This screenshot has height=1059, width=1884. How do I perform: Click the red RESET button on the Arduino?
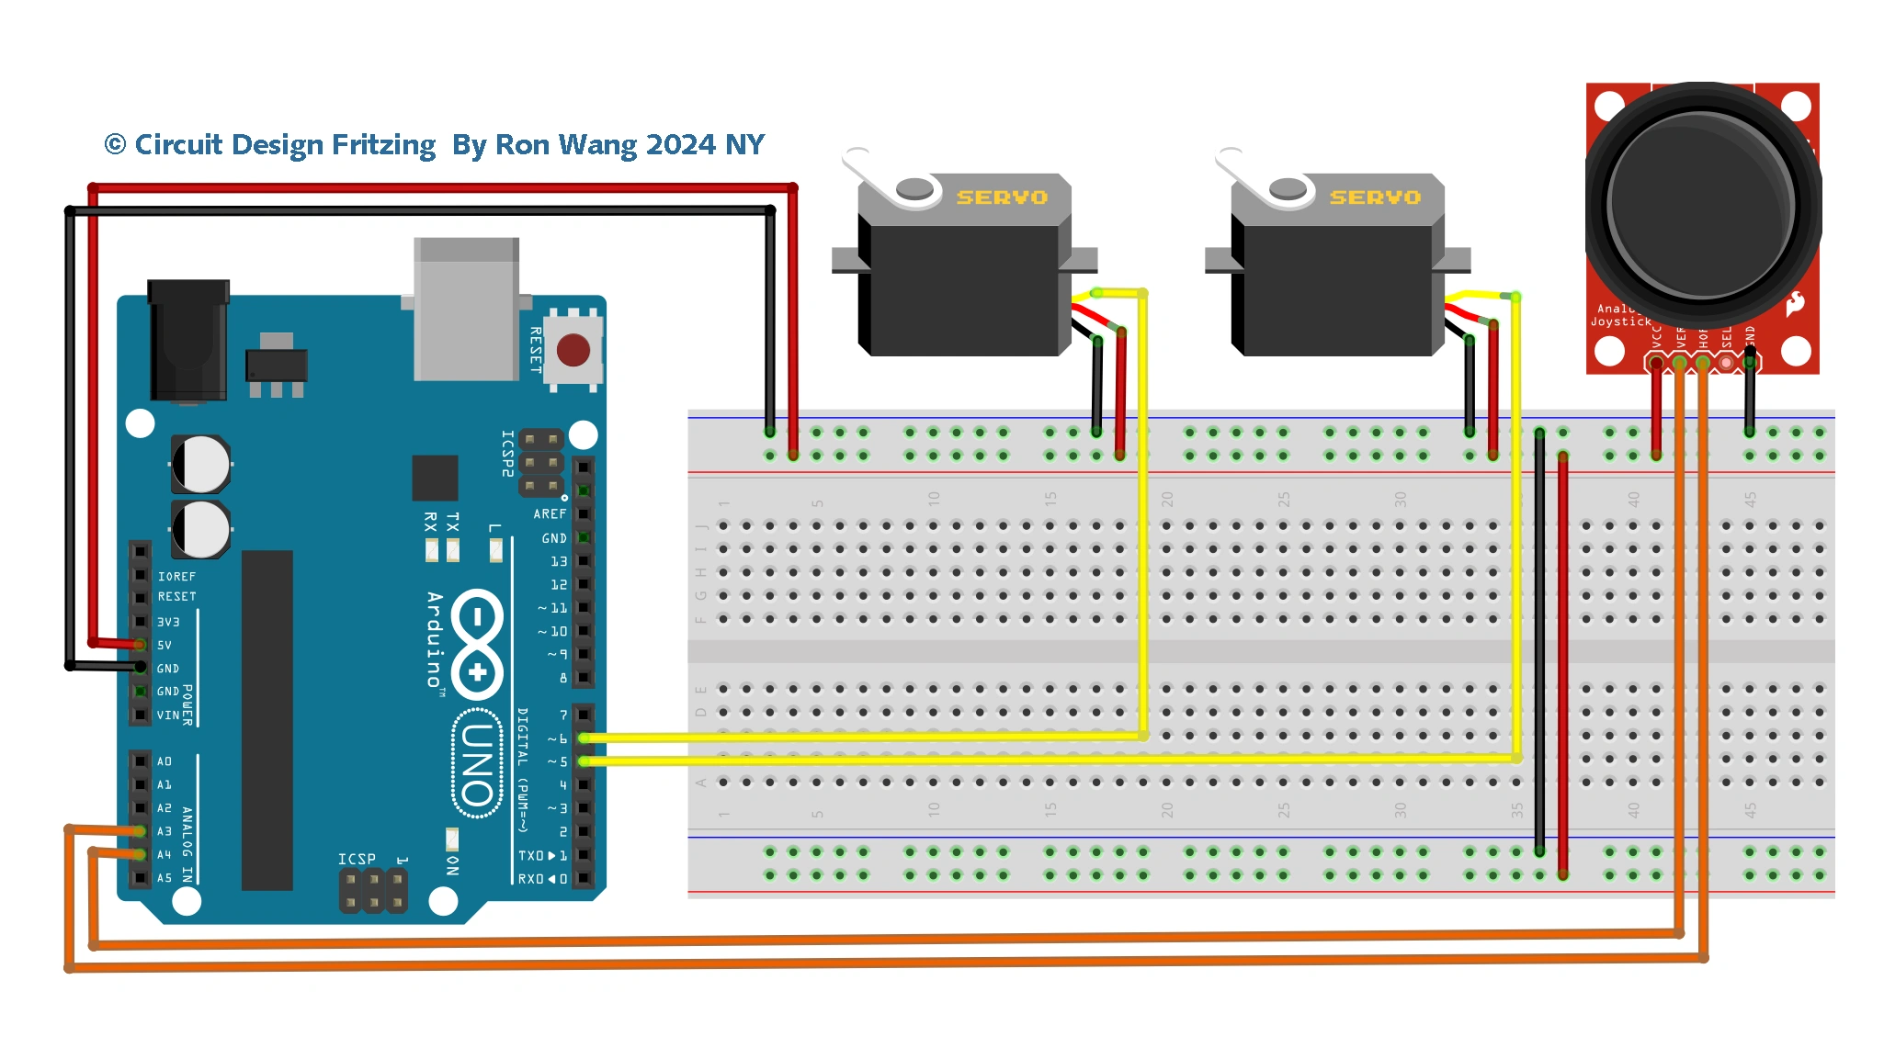(573, 350)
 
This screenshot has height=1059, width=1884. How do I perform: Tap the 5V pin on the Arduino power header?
(141, 645)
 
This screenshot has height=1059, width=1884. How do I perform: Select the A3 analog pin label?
(165, 831)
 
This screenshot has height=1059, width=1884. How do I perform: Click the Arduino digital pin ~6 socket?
(584, 738)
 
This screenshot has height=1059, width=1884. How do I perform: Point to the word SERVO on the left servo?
(1002, 197)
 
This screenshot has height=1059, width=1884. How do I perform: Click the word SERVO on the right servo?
(1375, 197)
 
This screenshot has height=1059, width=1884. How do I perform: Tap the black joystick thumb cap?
(1700, 204)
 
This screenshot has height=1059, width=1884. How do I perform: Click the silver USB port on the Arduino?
(466, 310)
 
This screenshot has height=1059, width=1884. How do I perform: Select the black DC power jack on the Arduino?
(188, 340)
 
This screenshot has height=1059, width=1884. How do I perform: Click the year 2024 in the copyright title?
(680, 145)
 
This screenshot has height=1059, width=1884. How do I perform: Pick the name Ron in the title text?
(522, 145)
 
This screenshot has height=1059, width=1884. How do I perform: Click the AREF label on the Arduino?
(550, 514)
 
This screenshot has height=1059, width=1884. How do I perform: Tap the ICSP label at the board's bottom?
(357, 859)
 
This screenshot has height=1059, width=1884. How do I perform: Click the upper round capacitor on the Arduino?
(200, 464)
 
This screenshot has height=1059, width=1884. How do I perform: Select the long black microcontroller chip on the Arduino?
(267, 720)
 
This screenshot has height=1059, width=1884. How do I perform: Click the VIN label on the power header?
(168, 715)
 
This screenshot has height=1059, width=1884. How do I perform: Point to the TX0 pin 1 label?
(542, 855)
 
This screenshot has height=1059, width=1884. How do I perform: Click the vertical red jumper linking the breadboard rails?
(1562, 661)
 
